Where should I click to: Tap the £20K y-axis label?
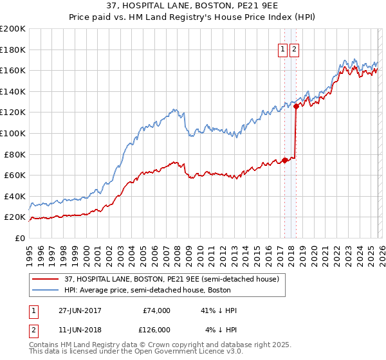point(15,217)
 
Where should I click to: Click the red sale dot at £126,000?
point(296,106)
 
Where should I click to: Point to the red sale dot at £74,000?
point(285,161)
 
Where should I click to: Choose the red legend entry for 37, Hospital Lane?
point(171,279)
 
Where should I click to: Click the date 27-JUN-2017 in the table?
point(80,310)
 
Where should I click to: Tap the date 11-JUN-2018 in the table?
point(80,329)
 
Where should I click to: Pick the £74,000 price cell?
point(157,310)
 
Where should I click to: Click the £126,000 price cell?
point(155,329)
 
